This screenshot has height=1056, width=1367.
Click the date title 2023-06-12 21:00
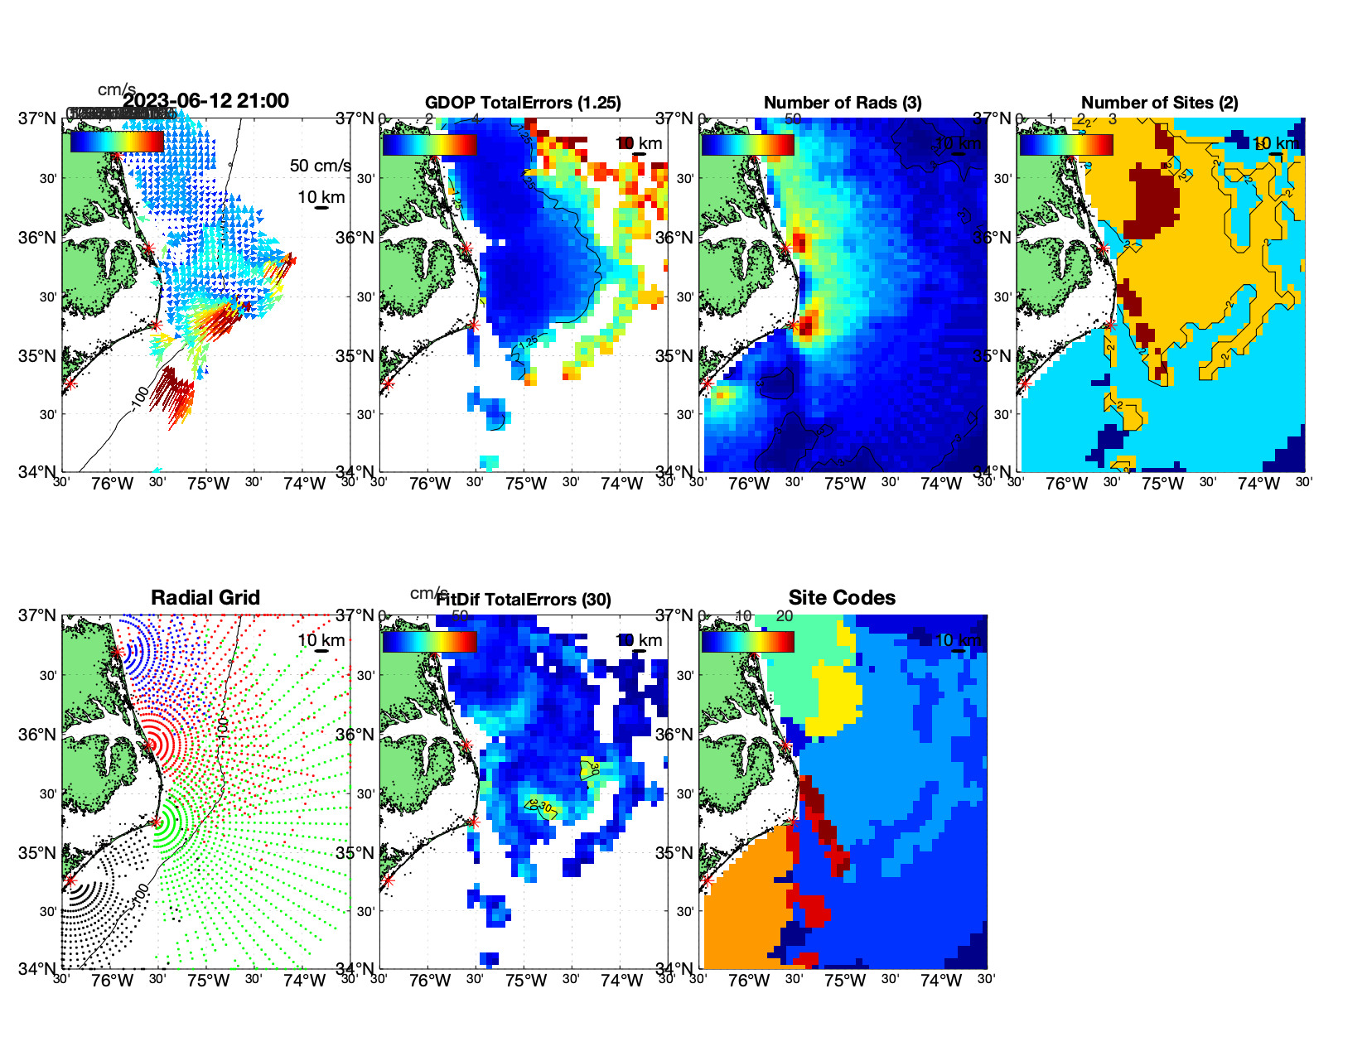click(205, 101)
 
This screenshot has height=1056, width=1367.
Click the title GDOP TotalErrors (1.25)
click(523, 103)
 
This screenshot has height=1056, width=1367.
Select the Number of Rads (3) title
click(843, 103)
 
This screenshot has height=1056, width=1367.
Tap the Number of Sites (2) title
click(1159, 103)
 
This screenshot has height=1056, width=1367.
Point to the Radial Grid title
click(205, 597)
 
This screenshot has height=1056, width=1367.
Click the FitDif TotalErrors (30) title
click(524, 600)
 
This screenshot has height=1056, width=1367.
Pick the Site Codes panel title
click(842, 597)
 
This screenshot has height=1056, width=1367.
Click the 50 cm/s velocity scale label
click(320, 166)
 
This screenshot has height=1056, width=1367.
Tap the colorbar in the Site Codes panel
click(747, 642)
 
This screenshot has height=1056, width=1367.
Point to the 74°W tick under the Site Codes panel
click(940, 981)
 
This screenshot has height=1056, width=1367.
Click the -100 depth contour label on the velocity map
click(138, 397)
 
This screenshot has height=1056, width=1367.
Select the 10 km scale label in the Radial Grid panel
click(321, 640)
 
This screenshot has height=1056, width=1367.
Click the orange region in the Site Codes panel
click(741, 903)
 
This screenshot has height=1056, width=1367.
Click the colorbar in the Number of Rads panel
click(747, 145)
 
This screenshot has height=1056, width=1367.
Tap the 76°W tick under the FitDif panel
click(429, 981)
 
